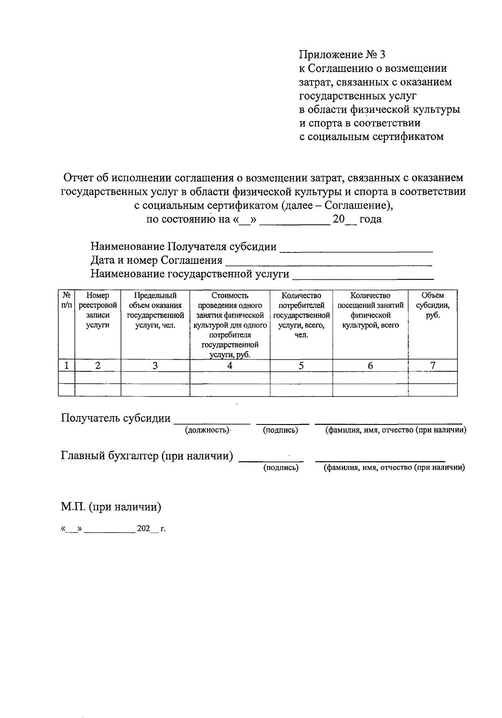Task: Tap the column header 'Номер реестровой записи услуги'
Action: click(x=97, y=310)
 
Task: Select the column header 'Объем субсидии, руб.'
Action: click(x=433, y=305)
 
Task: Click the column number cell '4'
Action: click(x=230, y=365)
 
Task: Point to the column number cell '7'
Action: click(x=433, y=365)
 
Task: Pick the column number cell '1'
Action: click(x=67, y=365)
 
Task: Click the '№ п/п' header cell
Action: click(x=67, y=300)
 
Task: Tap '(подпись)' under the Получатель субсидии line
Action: click(x=280, y=430)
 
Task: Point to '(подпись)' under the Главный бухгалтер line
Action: click(x=281, y=468)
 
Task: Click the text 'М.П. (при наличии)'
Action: click(x=111, y=507)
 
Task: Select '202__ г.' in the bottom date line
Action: click(x=151, y=529)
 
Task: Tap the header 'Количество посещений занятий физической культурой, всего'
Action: click(x=370, y=310)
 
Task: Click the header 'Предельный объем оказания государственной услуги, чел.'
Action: click(x=155, y=310)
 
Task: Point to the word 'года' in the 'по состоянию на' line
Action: click(x=370, y=219)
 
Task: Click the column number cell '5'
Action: click(x=301, y=365)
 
